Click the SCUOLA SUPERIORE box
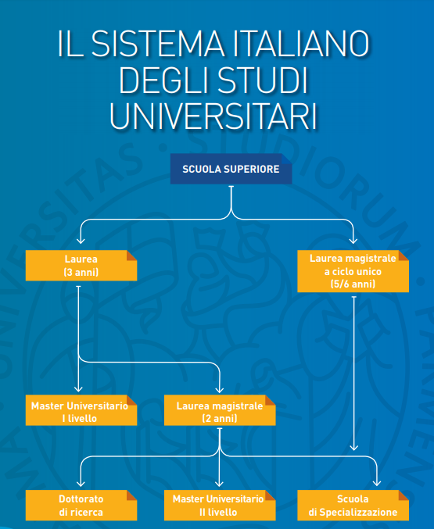(231, 169)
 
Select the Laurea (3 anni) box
(81, 266)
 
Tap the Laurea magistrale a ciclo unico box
(353, 271)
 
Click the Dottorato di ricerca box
(81, 506)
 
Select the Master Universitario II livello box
(220, 506)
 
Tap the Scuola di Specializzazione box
(353, 506)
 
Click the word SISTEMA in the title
(158, 44)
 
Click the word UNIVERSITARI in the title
(213, 116)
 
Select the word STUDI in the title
(263, 80)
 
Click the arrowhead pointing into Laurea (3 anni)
(81, 240)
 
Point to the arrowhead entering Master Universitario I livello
(78, 388)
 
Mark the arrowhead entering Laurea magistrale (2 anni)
(220, 389)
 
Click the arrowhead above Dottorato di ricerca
(81, 483)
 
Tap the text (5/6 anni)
(353, 284)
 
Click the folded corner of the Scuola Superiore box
(287, 159)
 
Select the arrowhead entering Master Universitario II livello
(219, 483)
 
